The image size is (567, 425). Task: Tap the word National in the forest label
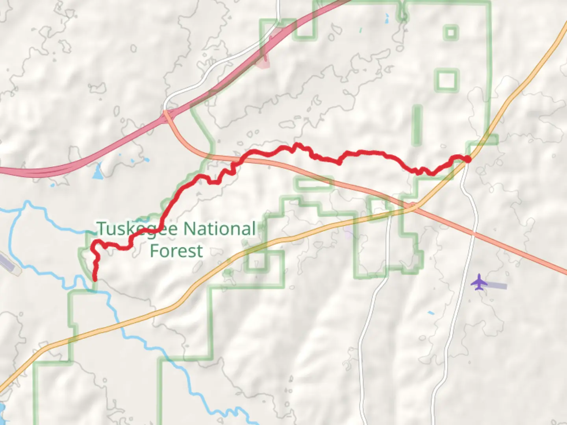(x=220, y=229)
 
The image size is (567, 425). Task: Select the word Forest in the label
(x=177, y=251)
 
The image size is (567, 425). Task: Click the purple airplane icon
(x=479, y=282)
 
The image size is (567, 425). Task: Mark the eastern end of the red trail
(x=467, y=159)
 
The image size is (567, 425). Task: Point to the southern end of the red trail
(x=95, y=279)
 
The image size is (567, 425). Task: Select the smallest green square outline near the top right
(x=451, y=32)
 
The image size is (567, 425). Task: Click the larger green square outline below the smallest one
(x=447, y=80)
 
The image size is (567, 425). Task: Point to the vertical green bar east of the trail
(x=416, y=125)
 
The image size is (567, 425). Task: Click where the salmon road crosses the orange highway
(x=411, y=206)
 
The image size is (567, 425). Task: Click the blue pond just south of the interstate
(x=97, y=172)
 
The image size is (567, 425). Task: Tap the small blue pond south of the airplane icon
(x=431, y=313)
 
